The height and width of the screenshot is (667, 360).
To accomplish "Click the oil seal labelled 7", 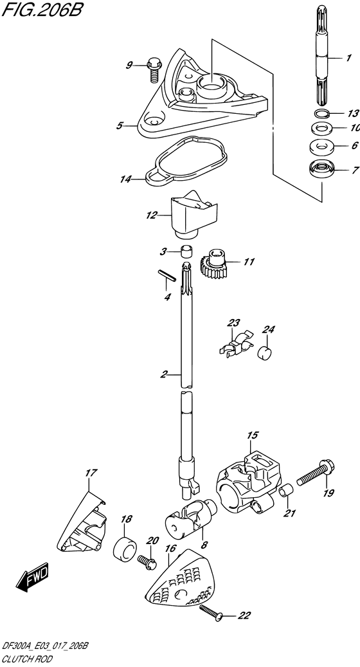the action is coord(321,170).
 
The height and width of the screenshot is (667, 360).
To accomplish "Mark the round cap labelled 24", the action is coord(265,353).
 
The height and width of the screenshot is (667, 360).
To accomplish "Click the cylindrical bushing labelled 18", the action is coord(125,551).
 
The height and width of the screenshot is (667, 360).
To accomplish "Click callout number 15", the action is coord(253,435).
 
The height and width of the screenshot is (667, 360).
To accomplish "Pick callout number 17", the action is coord(91,473).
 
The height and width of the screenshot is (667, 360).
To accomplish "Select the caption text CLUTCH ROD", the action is coord(27,659).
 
